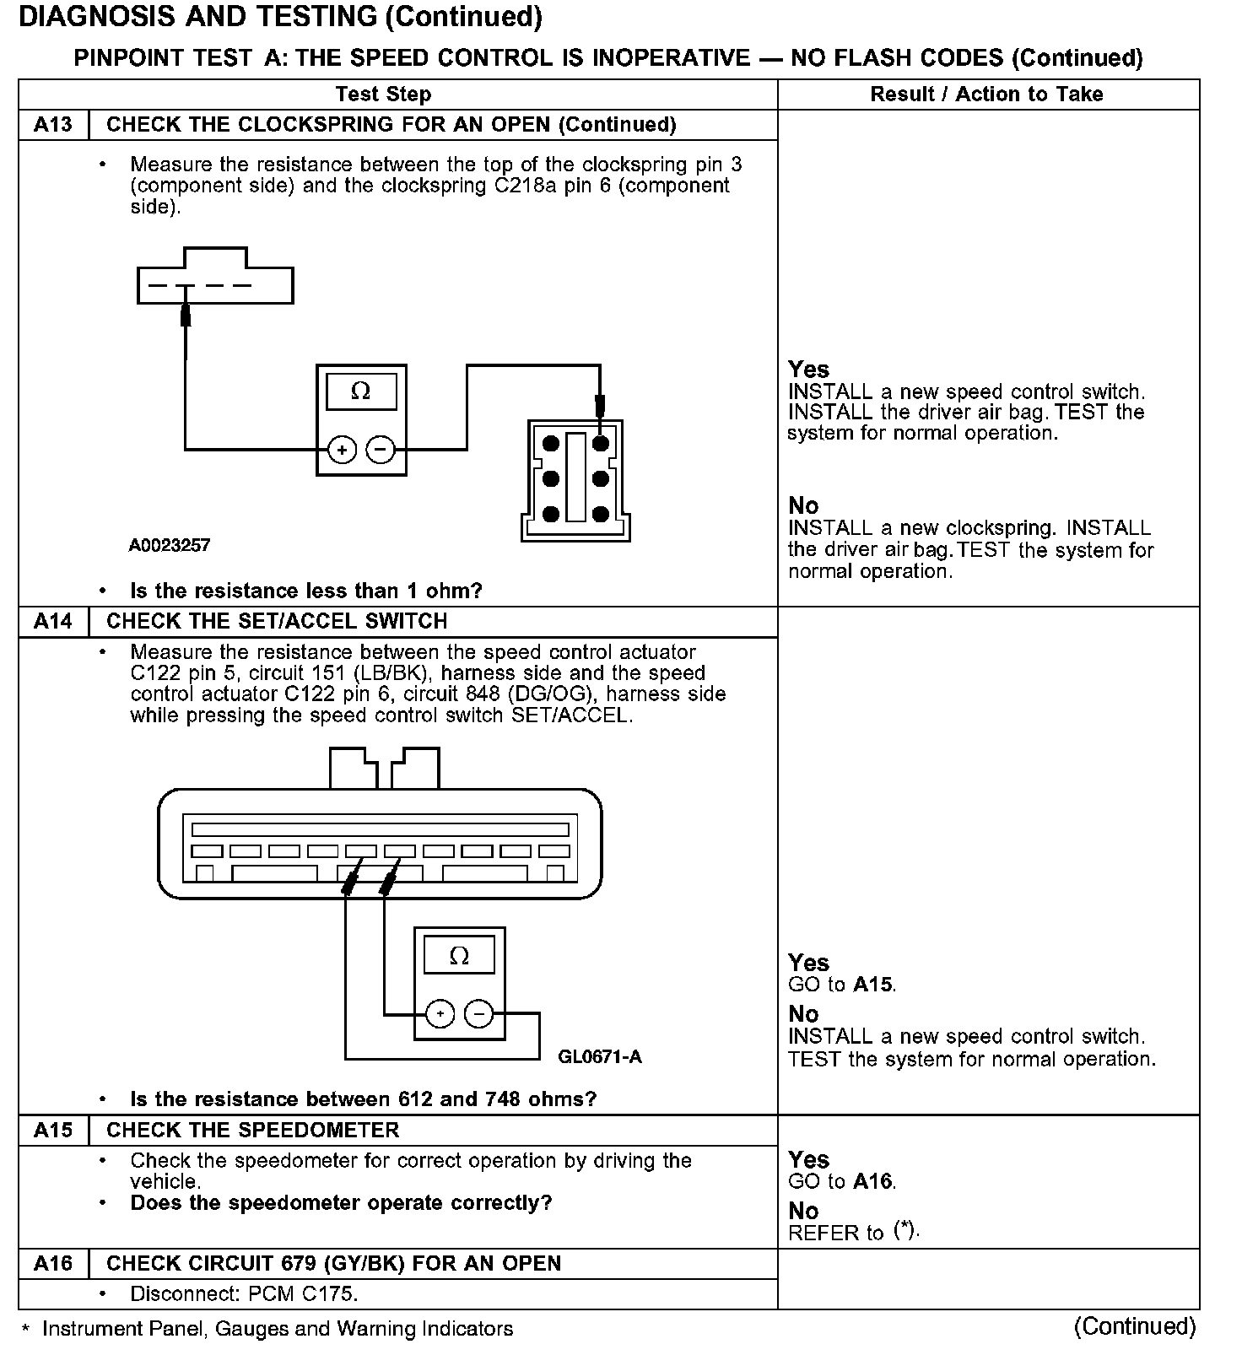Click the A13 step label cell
pyautogui.click(x=53, y=125)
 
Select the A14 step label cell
pyautogui.click(x=53, y=622)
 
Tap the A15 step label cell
pyautogui.click(x=53, y=1131)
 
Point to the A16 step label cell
pyautogui.click(x=53, y=1264)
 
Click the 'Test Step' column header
pyautogui.click(x=383, y=94)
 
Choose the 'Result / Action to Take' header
pyautogui.click(x=986, y=94)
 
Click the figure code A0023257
pyautogui.click(x=170, y=546)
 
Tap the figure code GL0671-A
pyautogui.click(x=600, y=1057)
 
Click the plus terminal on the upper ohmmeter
pyautogui.click(x=342, y=451)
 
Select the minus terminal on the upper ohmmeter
pyautogui.click(x=381, y=451)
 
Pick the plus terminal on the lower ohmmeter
pyautogui.click(x=440, y=1014)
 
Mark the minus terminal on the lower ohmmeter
pyautogui.click(x=479, y=1014)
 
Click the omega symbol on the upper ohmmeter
pyautogui.click(x=360, y=391)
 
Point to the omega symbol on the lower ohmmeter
pyautogui.click(x=459, y=956)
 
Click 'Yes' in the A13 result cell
pyautogui.click(x=808, y=370)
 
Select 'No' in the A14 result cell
pyautogui.click(x=803, y=1014)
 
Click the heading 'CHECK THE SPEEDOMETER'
pyautogui.click(x=252, y=1131)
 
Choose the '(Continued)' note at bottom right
pyautogui.click(x=1135, y=1326)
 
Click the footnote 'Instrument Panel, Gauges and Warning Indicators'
pyautogui.click(x=278, y=1330)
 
